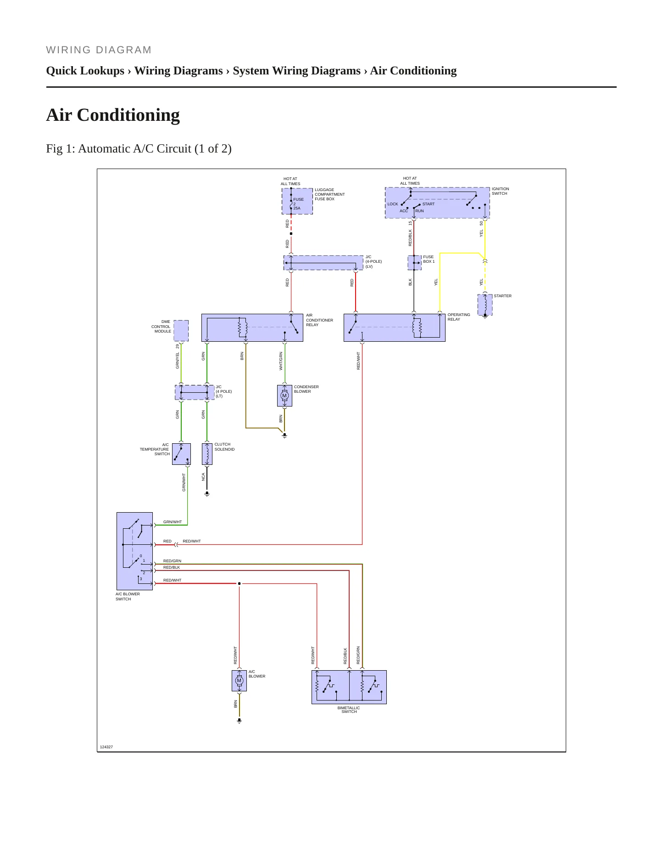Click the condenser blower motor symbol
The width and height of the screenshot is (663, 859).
284,396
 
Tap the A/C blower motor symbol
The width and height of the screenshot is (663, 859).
239,680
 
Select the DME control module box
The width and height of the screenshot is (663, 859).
181,331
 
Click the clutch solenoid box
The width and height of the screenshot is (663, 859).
207,454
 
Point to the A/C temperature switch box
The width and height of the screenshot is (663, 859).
181,454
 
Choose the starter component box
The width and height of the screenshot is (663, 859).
485,305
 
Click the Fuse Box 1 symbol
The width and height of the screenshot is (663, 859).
414,263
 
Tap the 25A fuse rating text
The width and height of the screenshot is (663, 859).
297,208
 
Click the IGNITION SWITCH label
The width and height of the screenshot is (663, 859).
500,191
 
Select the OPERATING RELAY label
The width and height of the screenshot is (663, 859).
459,317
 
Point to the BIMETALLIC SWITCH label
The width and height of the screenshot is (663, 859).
349,710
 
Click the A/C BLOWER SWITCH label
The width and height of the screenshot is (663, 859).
128,596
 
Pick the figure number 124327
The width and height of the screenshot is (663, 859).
106,747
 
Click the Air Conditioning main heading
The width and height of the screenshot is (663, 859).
113,115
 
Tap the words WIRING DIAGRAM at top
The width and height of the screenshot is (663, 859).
99,50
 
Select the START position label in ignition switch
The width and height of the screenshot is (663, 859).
429,204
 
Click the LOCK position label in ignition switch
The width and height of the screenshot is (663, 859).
393,204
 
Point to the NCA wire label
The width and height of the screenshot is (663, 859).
203,477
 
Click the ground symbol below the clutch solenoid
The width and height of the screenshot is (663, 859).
207,494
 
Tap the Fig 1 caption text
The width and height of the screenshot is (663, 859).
139,148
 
